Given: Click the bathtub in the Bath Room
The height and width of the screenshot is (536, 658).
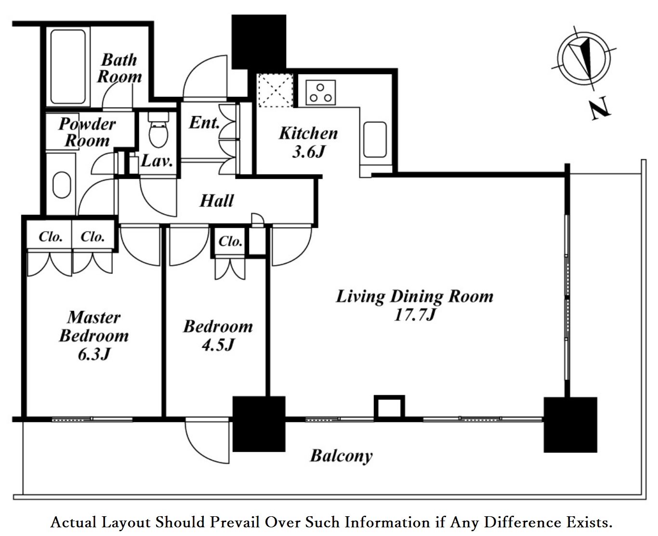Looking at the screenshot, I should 67,67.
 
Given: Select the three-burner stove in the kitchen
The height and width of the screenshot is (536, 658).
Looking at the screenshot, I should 321,93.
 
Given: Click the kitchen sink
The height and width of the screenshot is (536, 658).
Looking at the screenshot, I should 375,140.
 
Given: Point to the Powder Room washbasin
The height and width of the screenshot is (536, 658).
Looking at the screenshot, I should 62,185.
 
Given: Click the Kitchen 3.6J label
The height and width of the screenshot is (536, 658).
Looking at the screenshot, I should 308,142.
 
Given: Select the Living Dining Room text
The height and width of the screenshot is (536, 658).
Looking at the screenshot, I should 414,296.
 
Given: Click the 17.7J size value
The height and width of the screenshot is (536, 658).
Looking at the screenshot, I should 415,315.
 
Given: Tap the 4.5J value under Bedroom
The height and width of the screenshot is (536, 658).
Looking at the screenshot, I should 218,345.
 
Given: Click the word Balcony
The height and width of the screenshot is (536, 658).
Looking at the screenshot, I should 341,456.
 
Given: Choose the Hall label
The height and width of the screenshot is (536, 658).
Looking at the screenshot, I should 217,201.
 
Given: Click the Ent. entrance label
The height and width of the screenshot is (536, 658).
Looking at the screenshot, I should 204,122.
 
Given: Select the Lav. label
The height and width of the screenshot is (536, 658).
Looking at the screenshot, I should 157,161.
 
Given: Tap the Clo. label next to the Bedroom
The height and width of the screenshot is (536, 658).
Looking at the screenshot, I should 230,241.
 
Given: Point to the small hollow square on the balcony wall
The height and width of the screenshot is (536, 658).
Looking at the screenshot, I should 389,408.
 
